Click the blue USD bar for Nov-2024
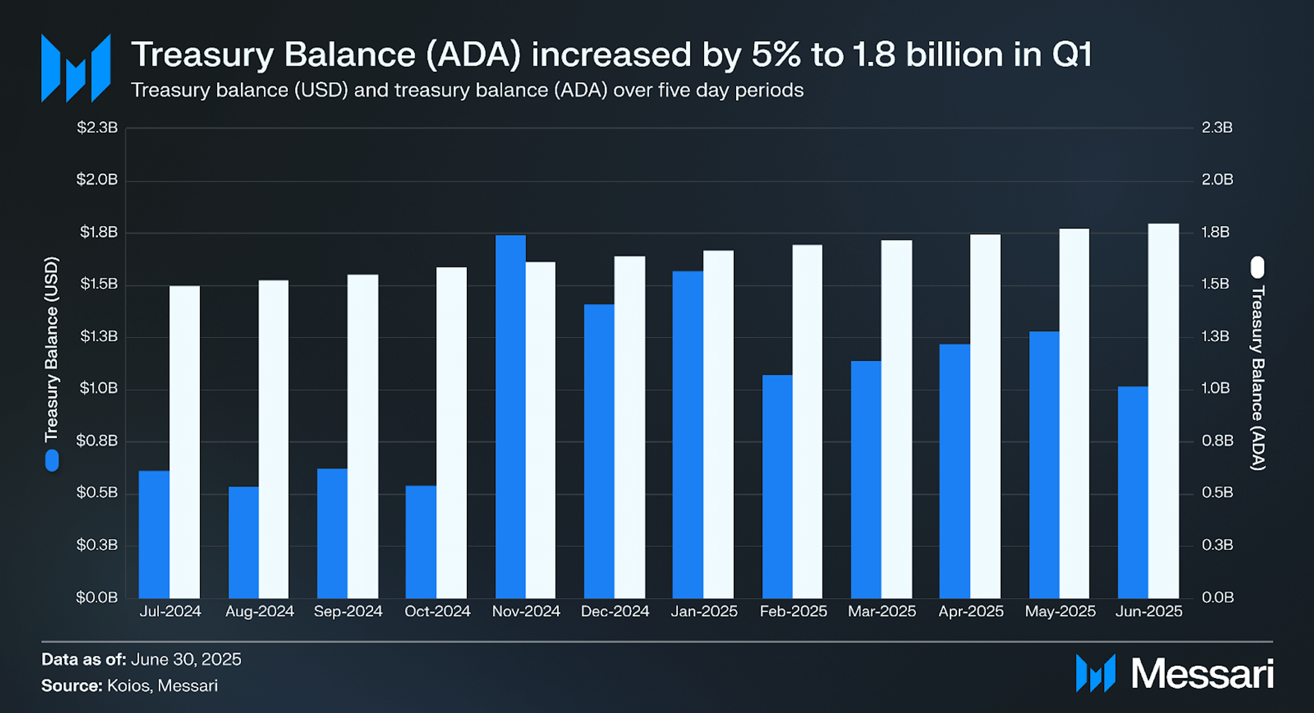510,417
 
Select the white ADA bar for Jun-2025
1163,410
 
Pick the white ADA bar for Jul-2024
185,442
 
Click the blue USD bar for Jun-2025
1132,492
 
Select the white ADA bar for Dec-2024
629,427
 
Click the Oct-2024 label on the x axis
437,611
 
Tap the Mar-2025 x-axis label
882,611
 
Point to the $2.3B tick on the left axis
97,128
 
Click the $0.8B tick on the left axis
97,441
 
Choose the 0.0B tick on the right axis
1217,597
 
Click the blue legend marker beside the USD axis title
52,460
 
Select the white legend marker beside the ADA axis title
1258,267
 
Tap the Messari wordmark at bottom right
1202,674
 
